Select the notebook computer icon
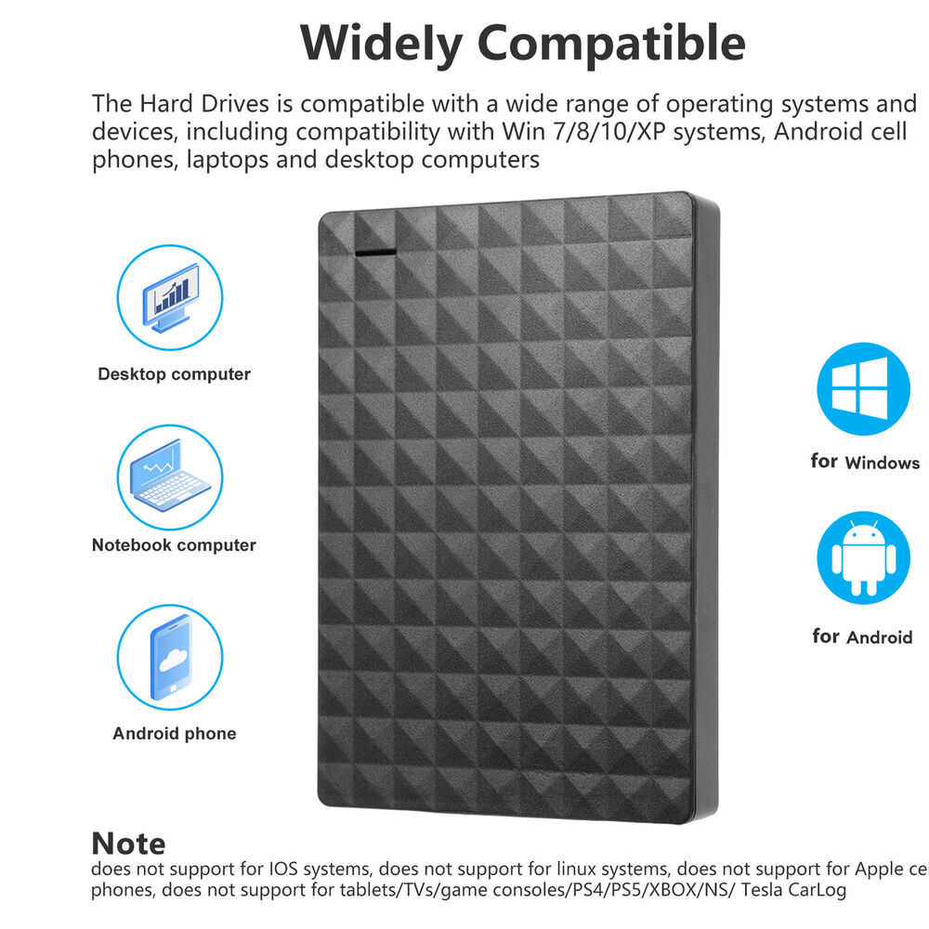pos(170,478)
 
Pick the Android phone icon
pos(170,657)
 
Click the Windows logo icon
pos(863,389)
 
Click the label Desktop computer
pos(174,374)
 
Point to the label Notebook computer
pos(174,545)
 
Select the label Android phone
pos(174,734)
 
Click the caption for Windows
pos(865,462)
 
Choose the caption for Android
pos(862,637)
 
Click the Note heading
pos(128,844)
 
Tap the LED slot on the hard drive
pos(373,251)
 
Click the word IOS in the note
pos(282,870)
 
